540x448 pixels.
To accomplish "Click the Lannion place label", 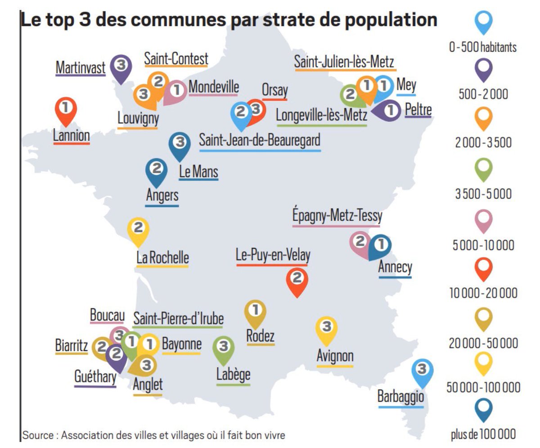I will (71, 135).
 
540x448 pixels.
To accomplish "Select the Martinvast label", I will (80, 67).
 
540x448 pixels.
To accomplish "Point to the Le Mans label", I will (198, 171).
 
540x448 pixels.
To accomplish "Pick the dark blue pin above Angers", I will (156, 170).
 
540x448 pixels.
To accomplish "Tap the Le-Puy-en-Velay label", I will (273, 255).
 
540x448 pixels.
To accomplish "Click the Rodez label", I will (260, 336).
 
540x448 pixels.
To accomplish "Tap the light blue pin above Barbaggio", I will (422, 371).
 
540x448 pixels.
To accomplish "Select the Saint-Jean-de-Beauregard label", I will (260, 140).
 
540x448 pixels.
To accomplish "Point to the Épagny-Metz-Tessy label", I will (337, 216).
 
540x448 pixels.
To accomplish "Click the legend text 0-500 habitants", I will (482, 47).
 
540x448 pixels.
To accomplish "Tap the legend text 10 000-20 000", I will (483, 293).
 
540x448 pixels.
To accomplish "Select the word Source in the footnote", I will (37, 435).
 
